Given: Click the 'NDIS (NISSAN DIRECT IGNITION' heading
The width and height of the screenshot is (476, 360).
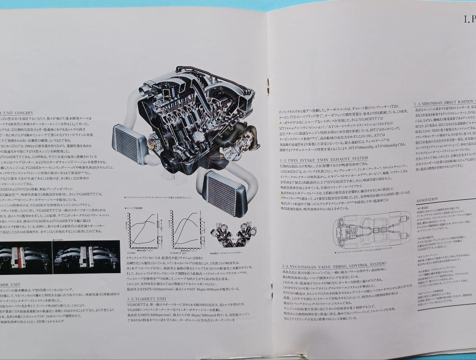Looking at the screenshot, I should point(445,104).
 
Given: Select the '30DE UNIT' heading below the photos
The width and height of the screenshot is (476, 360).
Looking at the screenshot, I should point(11,285).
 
